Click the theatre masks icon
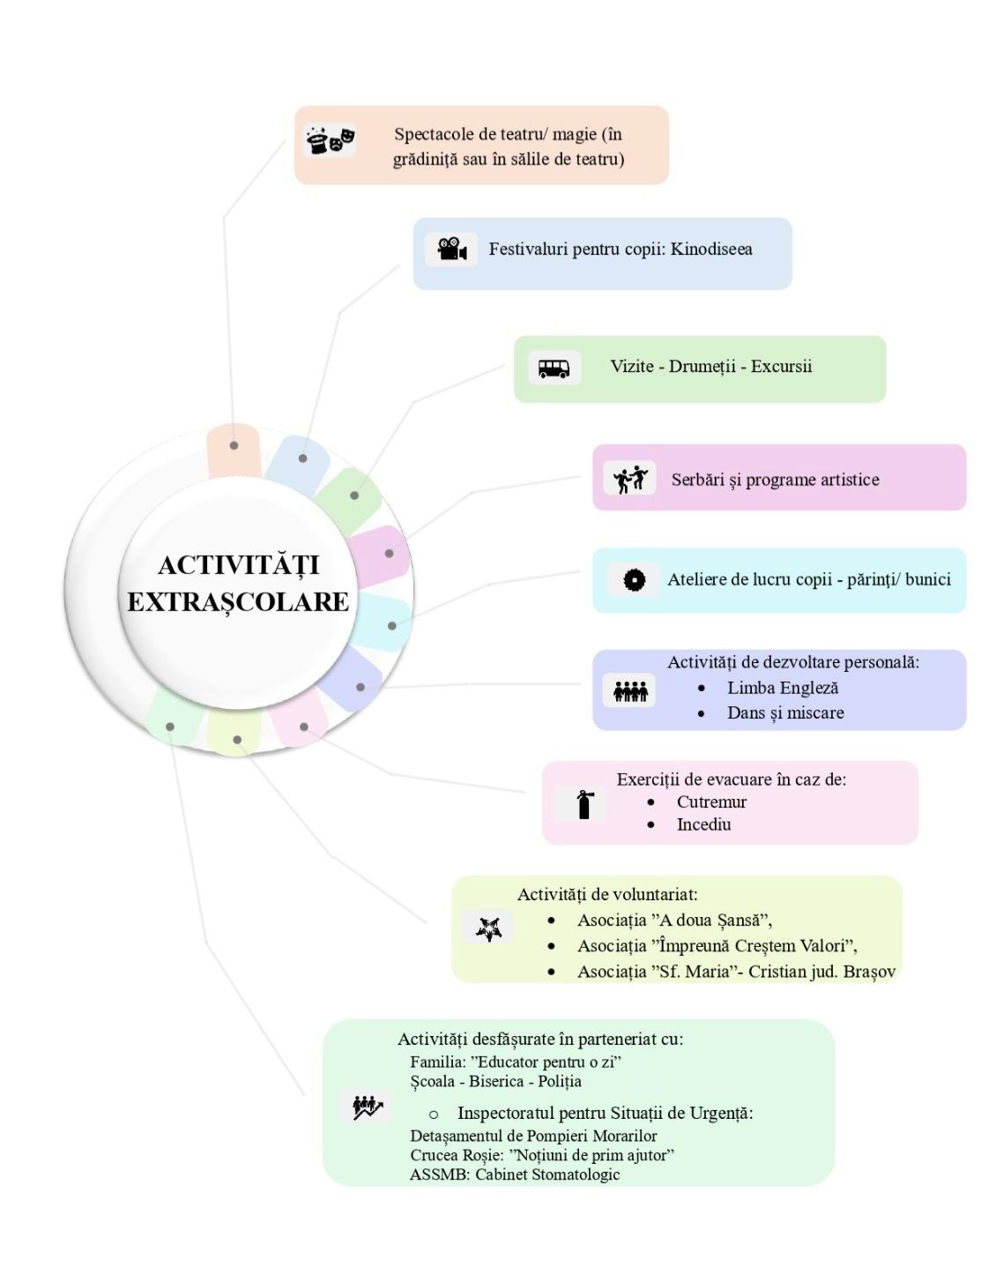[331, 141]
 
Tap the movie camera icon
[451, 249]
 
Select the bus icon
[554, 368]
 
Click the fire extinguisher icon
[584, 803]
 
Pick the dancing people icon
[631, 479]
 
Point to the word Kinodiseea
[711, 249]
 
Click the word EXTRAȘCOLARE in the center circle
[238, 601]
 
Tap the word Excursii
[781, 366]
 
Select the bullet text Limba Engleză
[783, 688]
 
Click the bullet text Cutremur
[711, 801]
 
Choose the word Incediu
[703, 824]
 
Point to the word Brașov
[869, 971]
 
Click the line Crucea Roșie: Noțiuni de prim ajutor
[542, 1155]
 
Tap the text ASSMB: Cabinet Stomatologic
[515, 1174]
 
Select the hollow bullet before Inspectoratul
[433, 1114]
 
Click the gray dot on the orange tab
[234, 445]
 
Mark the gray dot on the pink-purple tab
[389, 554]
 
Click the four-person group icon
[630, 690]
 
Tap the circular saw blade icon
[634, 579]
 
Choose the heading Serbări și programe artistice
[775, 480]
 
